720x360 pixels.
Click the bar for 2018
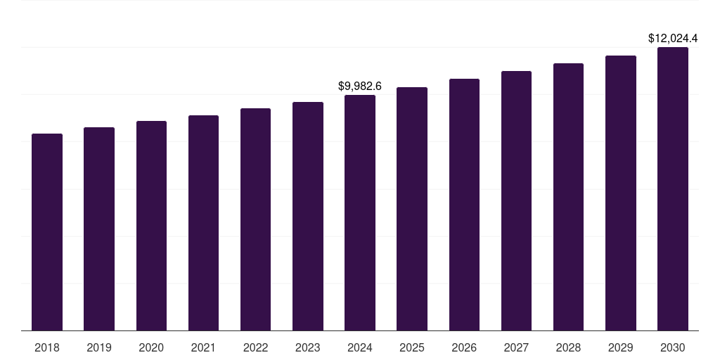(x=47, y=232)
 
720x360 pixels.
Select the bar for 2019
(x=99, y=229)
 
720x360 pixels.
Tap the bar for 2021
(x=203, y=223)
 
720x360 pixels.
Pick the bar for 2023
(x=308, y=216)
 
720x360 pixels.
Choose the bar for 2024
(x=360, y=212)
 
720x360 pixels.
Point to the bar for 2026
(x=464, y=205)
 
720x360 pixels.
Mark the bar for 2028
(x=568, y=197)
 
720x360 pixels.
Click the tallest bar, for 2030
(x=673, y=188)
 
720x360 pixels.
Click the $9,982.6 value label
(x=360, y=86)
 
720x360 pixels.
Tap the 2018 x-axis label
(x=47, y=347)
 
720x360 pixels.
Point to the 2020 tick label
(x=151, y=347)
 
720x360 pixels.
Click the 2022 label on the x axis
(x=255, y=347)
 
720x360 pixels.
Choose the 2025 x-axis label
(x=412, y=347)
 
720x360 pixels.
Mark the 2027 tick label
(x=516, y=347)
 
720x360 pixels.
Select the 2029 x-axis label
(x=621, y=347)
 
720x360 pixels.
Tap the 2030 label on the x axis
(x=673, y=347)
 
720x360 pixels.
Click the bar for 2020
(x=151, y=226)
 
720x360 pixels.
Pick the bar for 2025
(x=412, y=209)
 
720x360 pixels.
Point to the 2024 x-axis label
(x=360, y=347)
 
